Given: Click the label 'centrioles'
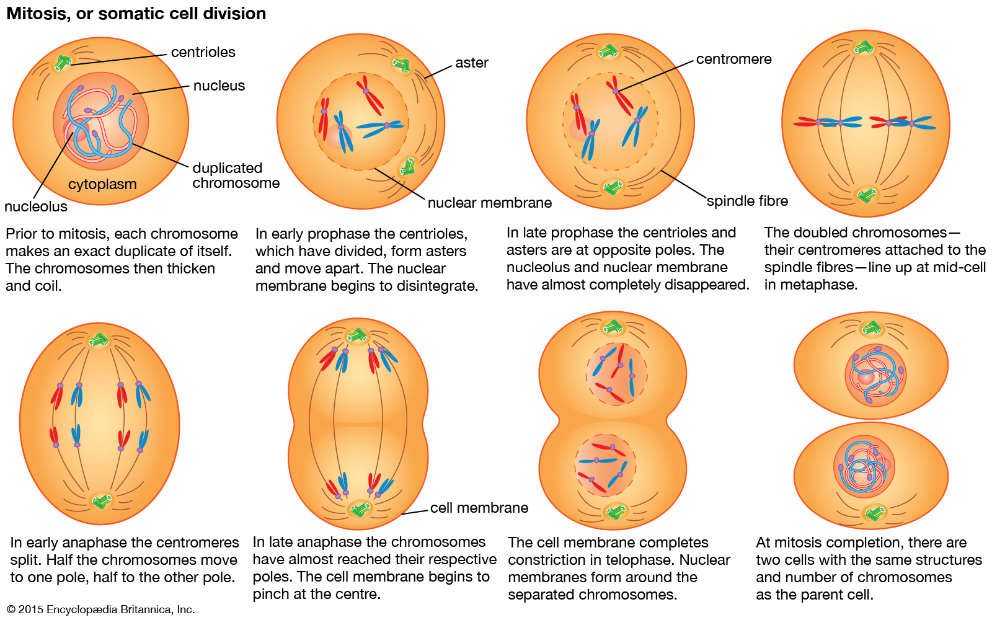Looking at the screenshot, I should [203, 52].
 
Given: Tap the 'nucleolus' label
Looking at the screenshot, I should [35, 206].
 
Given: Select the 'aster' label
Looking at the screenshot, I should [471, 63].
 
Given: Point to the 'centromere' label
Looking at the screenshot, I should [733, 59].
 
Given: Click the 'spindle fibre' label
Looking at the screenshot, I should [747, 201].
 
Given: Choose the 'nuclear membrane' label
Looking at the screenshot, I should [489, 203].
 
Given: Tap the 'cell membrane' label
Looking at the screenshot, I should [479, 508].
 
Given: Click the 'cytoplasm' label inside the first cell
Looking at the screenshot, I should [102, 184].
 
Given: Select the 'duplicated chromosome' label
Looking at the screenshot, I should [236, 175].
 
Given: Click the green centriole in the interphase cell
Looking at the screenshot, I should [63, 62].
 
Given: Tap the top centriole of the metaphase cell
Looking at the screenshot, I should [863, 48].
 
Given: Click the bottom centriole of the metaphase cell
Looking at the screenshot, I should [866, 195].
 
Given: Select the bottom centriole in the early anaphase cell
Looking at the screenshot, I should [100, 500].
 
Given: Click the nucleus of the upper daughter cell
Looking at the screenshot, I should [875, 374].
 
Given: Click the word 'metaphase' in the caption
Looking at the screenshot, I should [818, 285].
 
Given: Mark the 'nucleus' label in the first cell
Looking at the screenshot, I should [219, 86].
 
